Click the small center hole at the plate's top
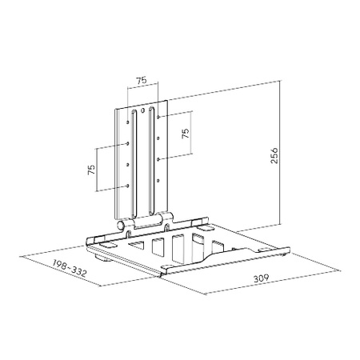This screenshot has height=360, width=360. [x=144, y=110]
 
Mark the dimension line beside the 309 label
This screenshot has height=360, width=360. [x=240, y=275]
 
